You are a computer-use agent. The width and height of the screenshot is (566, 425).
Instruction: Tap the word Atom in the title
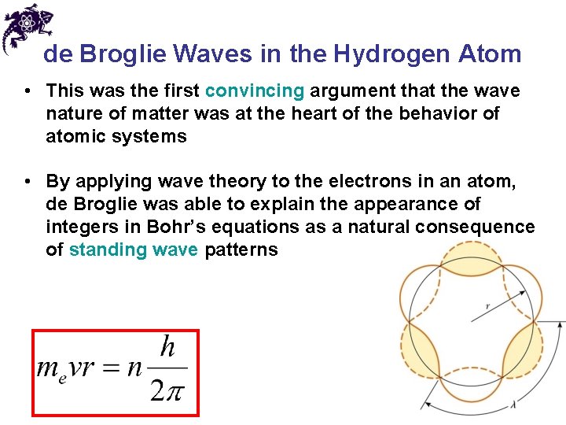coord(490,54)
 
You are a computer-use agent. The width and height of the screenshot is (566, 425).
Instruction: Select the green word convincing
coord(253,91)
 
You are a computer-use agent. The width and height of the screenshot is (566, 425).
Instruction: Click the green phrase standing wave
coord(134,250)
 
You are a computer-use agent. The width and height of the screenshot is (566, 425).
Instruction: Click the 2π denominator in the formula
coord(167,390)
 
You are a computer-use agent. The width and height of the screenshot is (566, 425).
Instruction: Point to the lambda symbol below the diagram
coord(514,405)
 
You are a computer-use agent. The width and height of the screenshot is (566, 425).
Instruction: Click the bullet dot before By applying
coord(29,182)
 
